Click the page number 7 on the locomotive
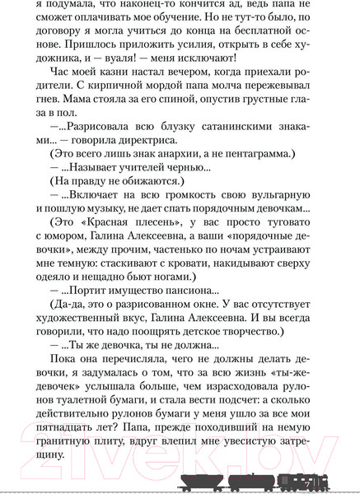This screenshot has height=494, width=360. click(x=306, y=482)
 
